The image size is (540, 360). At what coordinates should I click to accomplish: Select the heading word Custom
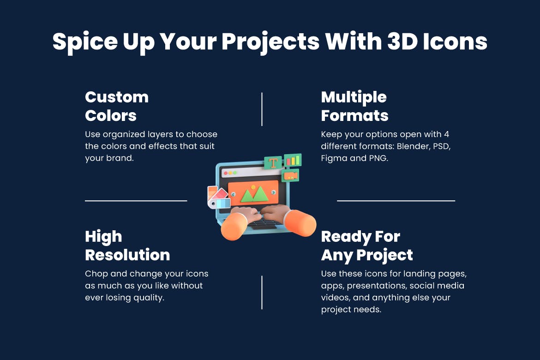pyautogui.click(x=117, y=97)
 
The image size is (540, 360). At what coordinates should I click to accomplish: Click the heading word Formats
pyautogui.click(x=354, y=115)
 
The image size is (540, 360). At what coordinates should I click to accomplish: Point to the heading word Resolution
pyautogui.click(x=127, y=255)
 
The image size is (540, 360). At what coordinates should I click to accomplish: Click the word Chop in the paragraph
pyautogui.click(x=96, y=274)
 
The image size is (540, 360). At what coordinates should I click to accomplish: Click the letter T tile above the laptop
pyautogui.click(x=273, y=163)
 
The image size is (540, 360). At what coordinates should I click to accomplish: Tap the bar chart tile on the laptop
pyautogui.click(x=293, y=160)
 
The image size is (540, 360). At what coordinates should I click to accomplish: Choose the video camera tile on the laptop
pyautogui.click(x=291, y=176)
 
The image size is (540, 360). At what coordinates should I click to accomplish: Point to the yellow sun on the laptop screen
pyautogui.click(x=253, y=187)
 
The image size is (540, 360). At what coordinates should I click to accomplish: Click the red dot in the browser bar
pyautogui.click(x=226, y=173)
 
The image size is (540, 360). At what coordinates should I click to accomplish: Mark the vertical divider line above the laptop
pyautogui.click(x=262, y=109)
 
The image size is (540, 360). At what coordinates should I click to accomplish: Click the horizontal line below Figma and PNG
pyautogui.click(x=396, y=201)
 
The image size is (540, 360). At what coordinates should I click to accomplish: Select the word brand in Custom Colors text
pyautogui.click(x=116, y=158)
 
